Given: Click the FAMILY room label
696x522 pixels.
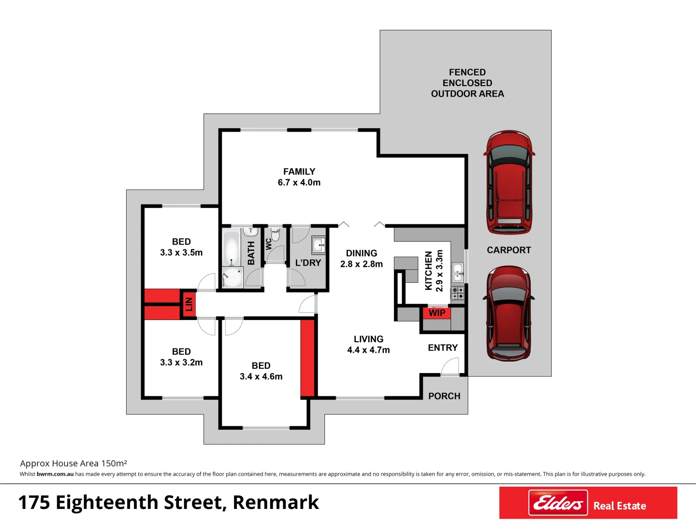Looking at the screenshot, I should (x=299, y=172).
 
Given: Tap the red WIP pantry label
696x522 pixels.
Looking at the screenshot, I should (x=437, y=313).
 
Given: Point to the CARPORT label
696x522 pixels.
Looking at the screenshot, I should (x=508, y=250).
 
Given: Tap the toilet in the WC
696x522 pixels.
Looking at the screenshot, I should (x=275, y=235).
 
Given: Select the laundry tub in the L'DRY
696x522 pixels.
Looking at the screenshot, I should (x=319, y=245).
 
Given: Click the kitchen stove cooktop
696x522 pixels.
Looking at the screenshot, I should (x=457, y=292).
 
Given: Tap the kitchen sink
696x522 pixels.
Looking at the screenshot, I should (x=458, y=272).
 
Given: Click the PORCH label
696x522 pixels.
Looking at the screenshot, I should (x=444, y=396).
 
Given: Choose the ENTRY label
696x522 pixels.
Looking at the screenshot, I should (x=443, y=348).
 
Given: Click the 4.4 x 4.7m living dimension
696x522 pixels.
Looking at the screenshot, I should (x=368, y=350).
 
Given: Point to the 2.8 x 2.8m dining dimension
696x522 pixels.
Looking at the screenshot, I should (x=362, y=264).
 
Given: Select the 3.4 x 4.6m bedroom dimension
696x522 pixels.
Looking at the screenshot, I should (x=261, y=377).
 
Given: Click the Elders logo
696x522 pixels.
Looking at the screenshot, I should (x=558, y=503).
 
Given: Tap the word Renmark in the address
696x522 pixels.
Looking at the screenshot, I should (x=275, y=503).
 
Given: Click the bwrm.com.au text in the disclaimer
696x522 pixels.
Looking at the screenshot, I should (x=55, y=474).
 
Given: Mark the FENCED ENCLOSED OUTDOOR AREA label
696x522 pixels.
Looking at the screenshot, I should (x=467, y=83).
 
